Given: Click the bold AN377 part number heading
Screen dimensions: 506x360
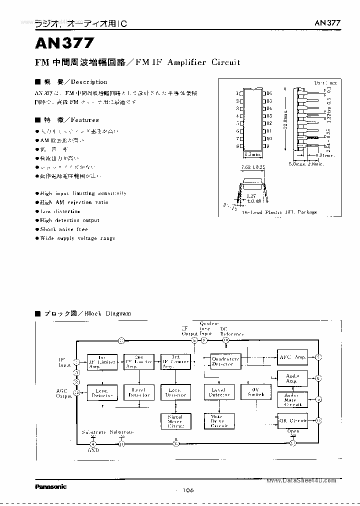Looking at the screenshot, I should (x=64, y=44).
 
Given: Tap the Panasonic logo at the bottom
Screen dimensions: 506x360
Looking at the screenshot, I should (x=50, y=486).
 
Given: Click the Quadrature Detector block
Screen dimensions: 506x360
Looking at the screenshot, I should (x=225, y=361).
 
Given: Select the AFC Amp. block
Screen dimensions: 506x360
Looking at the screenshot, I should (x=292, y=357).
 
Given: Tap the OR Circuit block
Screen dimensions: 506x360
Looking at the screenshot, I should (x=292, y=420).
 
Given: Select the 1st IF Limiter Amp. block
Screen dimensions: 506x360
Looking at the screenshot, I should (x=101, y=361).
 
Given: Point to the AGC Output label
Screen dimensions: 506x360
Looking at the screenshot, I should (x=64, y=393).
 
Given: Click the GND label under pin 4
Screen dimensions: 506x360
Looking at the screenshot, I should (x=93, y=450).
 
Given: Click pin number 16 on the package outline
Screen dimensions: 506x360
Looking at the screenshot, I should (x=269, y=93).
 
